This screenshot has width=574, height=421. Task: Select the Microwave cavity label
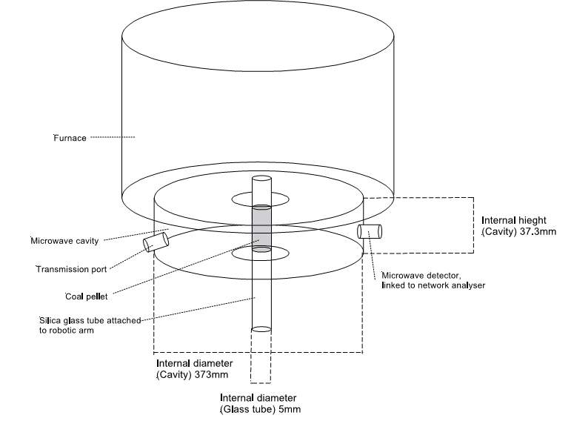coord(64,241)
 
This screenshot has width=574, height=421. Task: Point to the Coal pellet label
coord(87,296)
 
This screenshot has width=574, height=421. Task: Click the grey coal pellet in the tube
coord(261,229)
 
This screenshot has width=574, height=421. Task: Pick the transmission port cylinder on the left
coord(156,240)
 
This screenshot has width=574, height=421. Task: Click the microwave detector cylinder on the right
coord(369,231)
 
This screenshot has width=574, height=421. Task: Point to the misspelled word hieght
coord(541,220)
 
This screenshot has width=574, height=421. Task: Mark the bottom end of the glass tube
coord(261,328)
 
